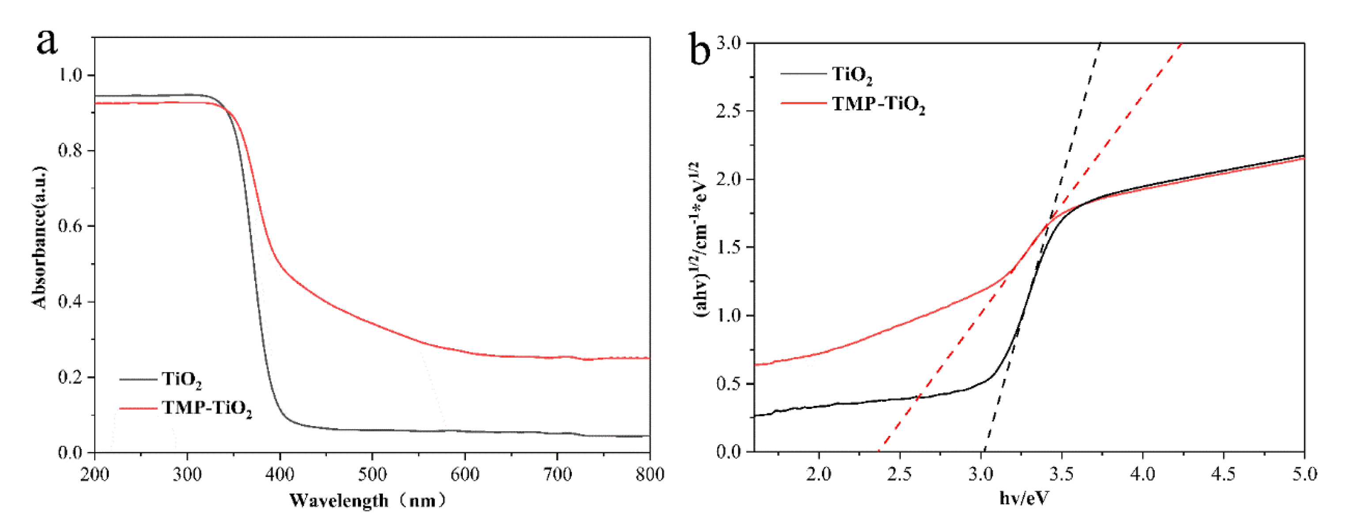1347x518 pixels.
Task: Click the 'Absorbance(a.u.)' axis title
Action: [x=40, y=238]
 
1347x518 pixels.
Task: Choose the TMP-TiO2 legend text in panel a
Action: [x=207, y=408]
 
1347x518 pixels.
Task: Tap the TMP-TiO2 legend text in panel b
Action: [x=878, y=104]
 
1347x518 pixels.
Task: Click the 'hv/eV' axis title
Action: [x=1024, y=499]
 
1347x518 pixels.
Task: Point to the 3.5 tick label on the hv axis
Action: [x=1062, y=475]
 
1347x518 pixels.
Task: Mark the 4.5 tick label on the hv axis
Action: [x=1224, y=475]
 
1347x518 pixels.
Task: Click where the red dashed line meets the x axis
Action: [x=878, y=451]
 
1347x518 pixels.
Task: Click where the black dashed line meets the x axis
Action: [x=984, y=451]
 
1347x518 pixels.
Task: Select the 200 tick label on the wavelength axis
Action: [x=95, y=475]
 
